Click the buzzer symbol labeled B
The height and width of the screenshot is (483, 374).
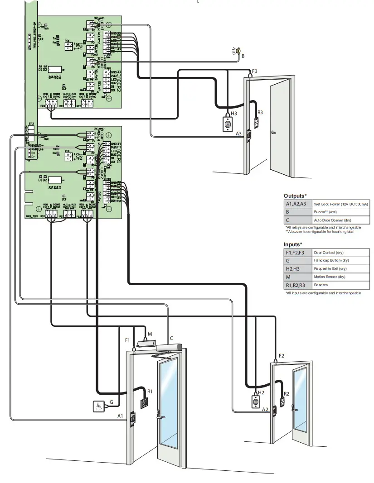coord(236,51)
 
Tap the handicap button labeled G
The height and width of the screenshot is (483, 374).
coord(98,406)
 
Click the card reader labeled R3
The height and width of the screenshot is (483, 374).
coord(256,123)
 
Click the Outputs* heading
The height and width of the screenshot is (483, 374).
coord(295,196)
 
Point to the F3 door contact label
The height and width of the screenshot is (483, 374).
coord(254,71)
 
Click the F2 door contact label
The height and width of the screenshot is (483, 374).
coord(282,355)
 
